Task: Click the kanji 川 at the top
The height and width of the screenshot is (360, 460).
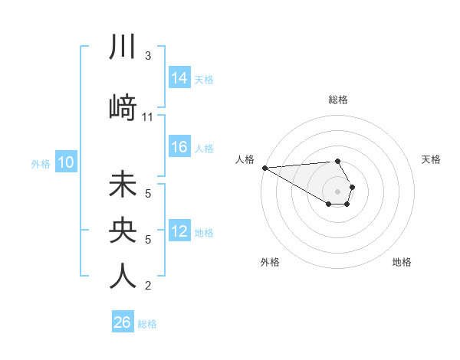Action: coord(123,47)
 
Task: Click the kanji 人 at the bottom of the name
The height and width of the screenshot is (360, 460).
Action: coord(123,277)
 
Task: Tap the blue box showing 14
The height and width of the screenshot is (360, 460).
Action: coord(179,78)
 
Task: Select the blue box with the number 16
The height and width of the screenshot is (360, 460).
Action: coord(179,148)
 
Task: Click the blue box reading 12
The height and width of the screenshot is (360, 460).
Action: coord(179,232)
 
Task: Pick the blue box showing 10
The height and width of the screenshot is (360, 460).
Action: coord(65,162)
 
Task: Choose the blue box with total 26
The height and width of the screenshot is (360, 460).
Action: coord(123,322)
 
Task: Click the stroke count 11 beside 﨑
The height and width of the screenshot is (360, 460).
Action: coord(148,117)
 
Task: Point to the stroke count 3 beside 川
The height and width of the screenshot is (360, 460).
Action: coord(148,56)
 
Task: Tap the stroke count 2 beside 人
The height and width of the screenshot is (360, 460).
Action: coord(148,286)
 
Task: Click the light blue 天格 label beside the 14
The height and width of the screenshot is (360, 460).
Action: coord(204,79)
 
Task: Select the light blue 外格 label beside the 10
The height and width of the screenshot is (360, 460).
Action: coord(41,163)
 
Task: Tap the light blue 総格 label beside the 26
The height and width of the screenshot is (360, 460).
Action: coord(147,323)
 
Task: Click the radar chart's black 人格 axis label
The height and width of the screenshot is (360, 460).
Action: coord(245,159)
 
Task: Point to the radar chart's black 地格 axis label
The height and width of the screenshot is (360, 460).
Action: coord(402,262)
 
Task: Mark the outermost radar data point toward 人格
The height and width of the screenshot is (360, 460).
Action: coord(264,168)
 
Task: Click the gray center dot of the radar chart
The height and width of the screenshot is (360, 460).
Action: coord(337,191)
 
